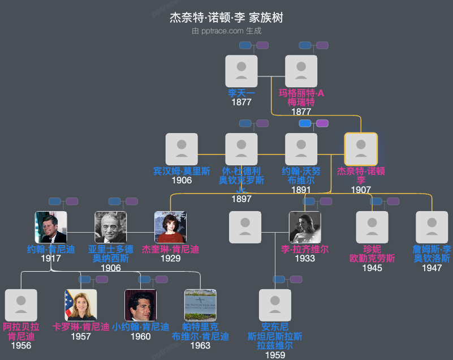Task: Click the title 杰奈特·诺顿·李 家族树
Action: [x=226, y=18]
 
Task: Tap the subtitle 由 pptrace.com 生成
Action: [x=226, y=31]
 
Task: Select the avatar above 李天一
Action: [x=241, y=71]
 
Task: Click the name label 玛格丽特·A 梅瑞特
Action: [x=301, y=97]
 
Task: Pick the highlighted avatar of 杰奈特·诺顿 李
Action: [x=361, y=149]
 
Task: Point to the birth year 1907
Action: [x=361, y=190]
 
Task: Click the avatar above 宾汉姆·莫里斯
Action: [x=182, y=149]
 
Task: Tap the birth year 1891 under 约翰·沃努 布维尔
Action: [x=301, y=190]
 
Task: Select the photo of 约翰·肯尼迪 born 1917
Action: [x=51, y=227]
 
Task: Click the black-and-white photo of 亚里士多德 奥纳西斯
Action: [x=111, y=227]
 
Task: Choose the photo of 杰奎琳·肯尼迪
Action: [x=170, y=227]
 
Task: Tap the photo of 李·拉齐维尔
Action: [x=305, y=227]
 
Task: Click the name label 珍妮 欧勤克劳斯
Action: [x=372, y=254]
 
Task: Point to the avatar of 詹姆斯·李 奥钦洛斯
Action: [x=432, y=227]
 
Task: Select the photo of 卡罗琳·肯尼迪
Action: [x=81, y=305]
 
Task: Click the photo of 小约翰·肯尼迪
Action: [x=140, y=305]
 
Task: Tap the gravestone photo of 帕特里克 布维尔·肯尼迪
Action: [x=200, y=305]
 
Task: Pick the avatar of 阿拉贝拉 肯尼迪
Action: [x=21, y=305]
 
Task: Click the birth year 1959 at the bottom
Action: [x=275, y=355]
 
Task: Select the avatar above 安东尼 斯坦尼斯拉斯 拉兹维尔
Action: [x=275, y=305]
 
